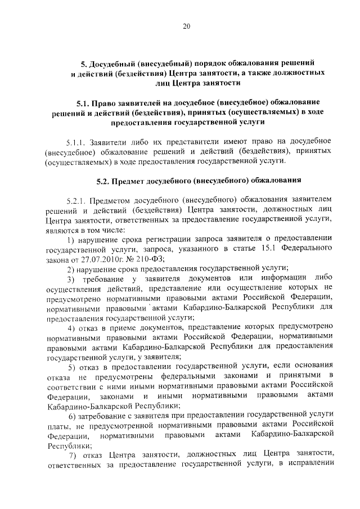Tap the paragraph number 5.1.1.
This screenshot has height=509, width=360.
[76, 140]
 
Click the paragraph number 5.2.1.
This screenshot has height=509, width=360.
[76, 200]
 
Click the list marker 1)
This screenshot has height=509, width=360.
[70, 240]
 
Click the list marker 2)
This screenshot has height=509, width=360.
[70, 270]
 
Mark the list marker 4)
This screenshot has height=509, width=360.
[70, 329]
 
